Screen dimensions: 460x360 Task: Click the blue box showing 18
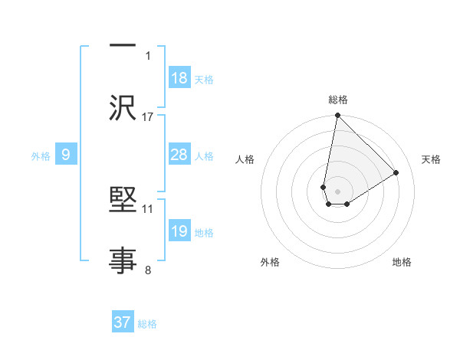pyautogui.click(x=179, y=78)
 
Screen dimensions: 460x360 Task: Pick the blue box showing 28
pyautogui.click(x=179, y=155)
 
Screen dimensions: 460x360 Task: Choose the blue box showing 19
pyautogui.click(x=179, y=231)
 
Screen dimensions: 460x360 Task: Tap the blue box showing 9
pyautogui.click(x=66, y=155)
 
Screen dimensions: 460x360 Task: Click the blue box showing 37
pyautogui.click(x=123, y=322)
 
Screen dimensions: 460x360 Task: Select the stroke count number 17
pyautogui.click(x=148, y=116)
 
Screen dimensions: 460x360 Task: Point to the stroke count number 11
pyautogui.click(x=148, y=208)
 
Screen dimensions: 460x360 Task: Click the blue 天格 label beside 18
pyautogui.click(x=204, y=79)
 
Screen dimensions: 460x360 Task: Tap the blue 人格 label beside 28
pyautogui.click(x=204, y=155)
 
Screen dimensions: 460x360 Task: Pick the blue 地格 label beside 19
pyautogui.click(x=204, y=232)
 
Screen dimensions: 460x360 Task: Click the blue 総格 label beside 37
pyautogui.click(x=147, y=324)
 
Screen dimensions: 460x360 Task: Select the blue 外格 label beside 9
pyautogui.click(x=41, y=155)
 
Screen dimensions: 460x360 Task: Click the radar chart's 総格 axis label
pyautogui.click(x=338, y=100)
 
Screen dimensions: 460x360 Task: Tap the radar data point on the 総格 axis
pyautogui.click(x=337, y=116)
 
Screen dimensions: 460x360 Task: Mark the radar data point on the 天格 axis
pyautogui.click(x=396, y=173)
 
